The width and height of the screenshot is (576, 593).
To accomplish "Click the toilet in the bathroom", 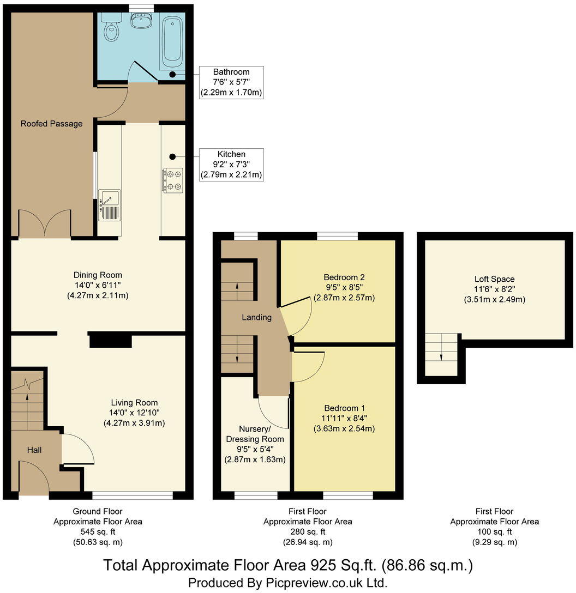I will tap(111, 31).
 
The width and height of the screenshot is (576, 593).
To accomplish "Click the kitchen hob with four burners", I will tap(172, 180).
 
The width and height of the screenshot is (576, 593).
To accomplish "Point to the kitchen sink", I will tap(109, 205).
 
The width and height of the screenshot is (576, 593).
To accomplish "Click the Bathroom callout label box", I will tap(231, 82).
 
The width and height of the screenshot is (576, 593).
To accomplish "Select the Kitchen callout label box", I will tap(231, 165).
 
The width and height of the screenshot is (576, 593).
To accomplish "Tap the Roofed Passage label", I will tap(51, 124).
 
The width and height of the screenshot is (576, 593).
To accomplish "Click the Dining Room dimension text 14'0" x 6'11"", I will tap(98, 285).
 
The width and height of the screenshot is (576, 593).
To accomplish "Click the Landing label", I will tap(256, 317).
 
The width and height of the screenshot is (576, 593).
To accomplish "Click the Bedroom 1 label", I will tap(345, 408).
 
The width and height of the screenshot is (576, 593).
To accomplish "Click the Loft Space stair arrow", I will tap(441, 356).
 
